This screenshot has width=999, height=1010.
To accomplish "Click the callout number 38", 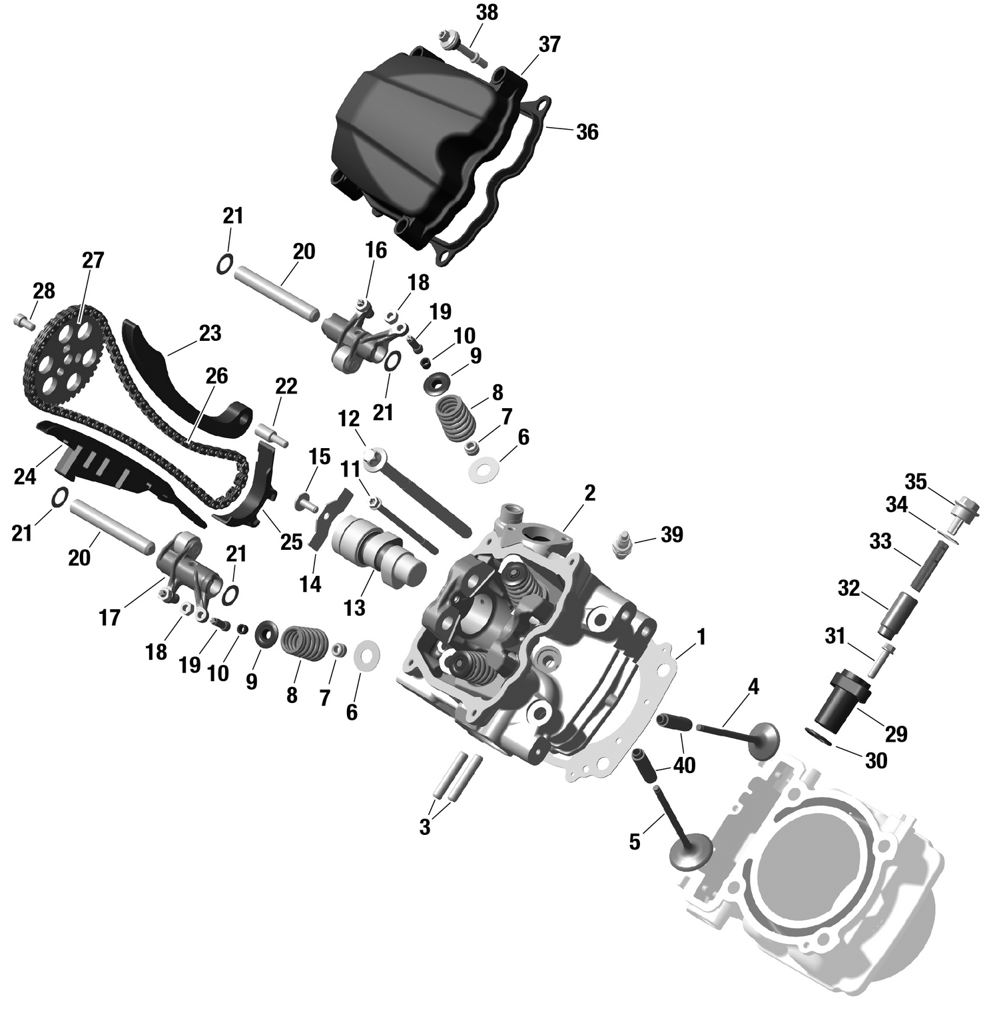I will point(487,13).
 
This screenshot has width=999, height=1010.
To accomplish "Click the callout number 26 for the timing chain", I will point(216,376).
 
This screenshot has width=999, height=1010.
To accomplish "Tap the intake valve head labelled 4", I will point(763,738).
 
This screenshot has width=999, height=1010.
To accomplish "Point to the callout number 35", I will point(916,481).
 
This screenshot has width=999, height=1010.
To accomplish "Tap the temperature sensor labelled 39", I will point(620,544).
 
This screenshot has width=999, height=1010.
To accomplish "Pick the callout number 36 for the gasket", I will point(587,132).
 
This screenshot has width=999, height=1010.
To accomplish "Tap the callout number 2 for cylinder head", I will point(589,493).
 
